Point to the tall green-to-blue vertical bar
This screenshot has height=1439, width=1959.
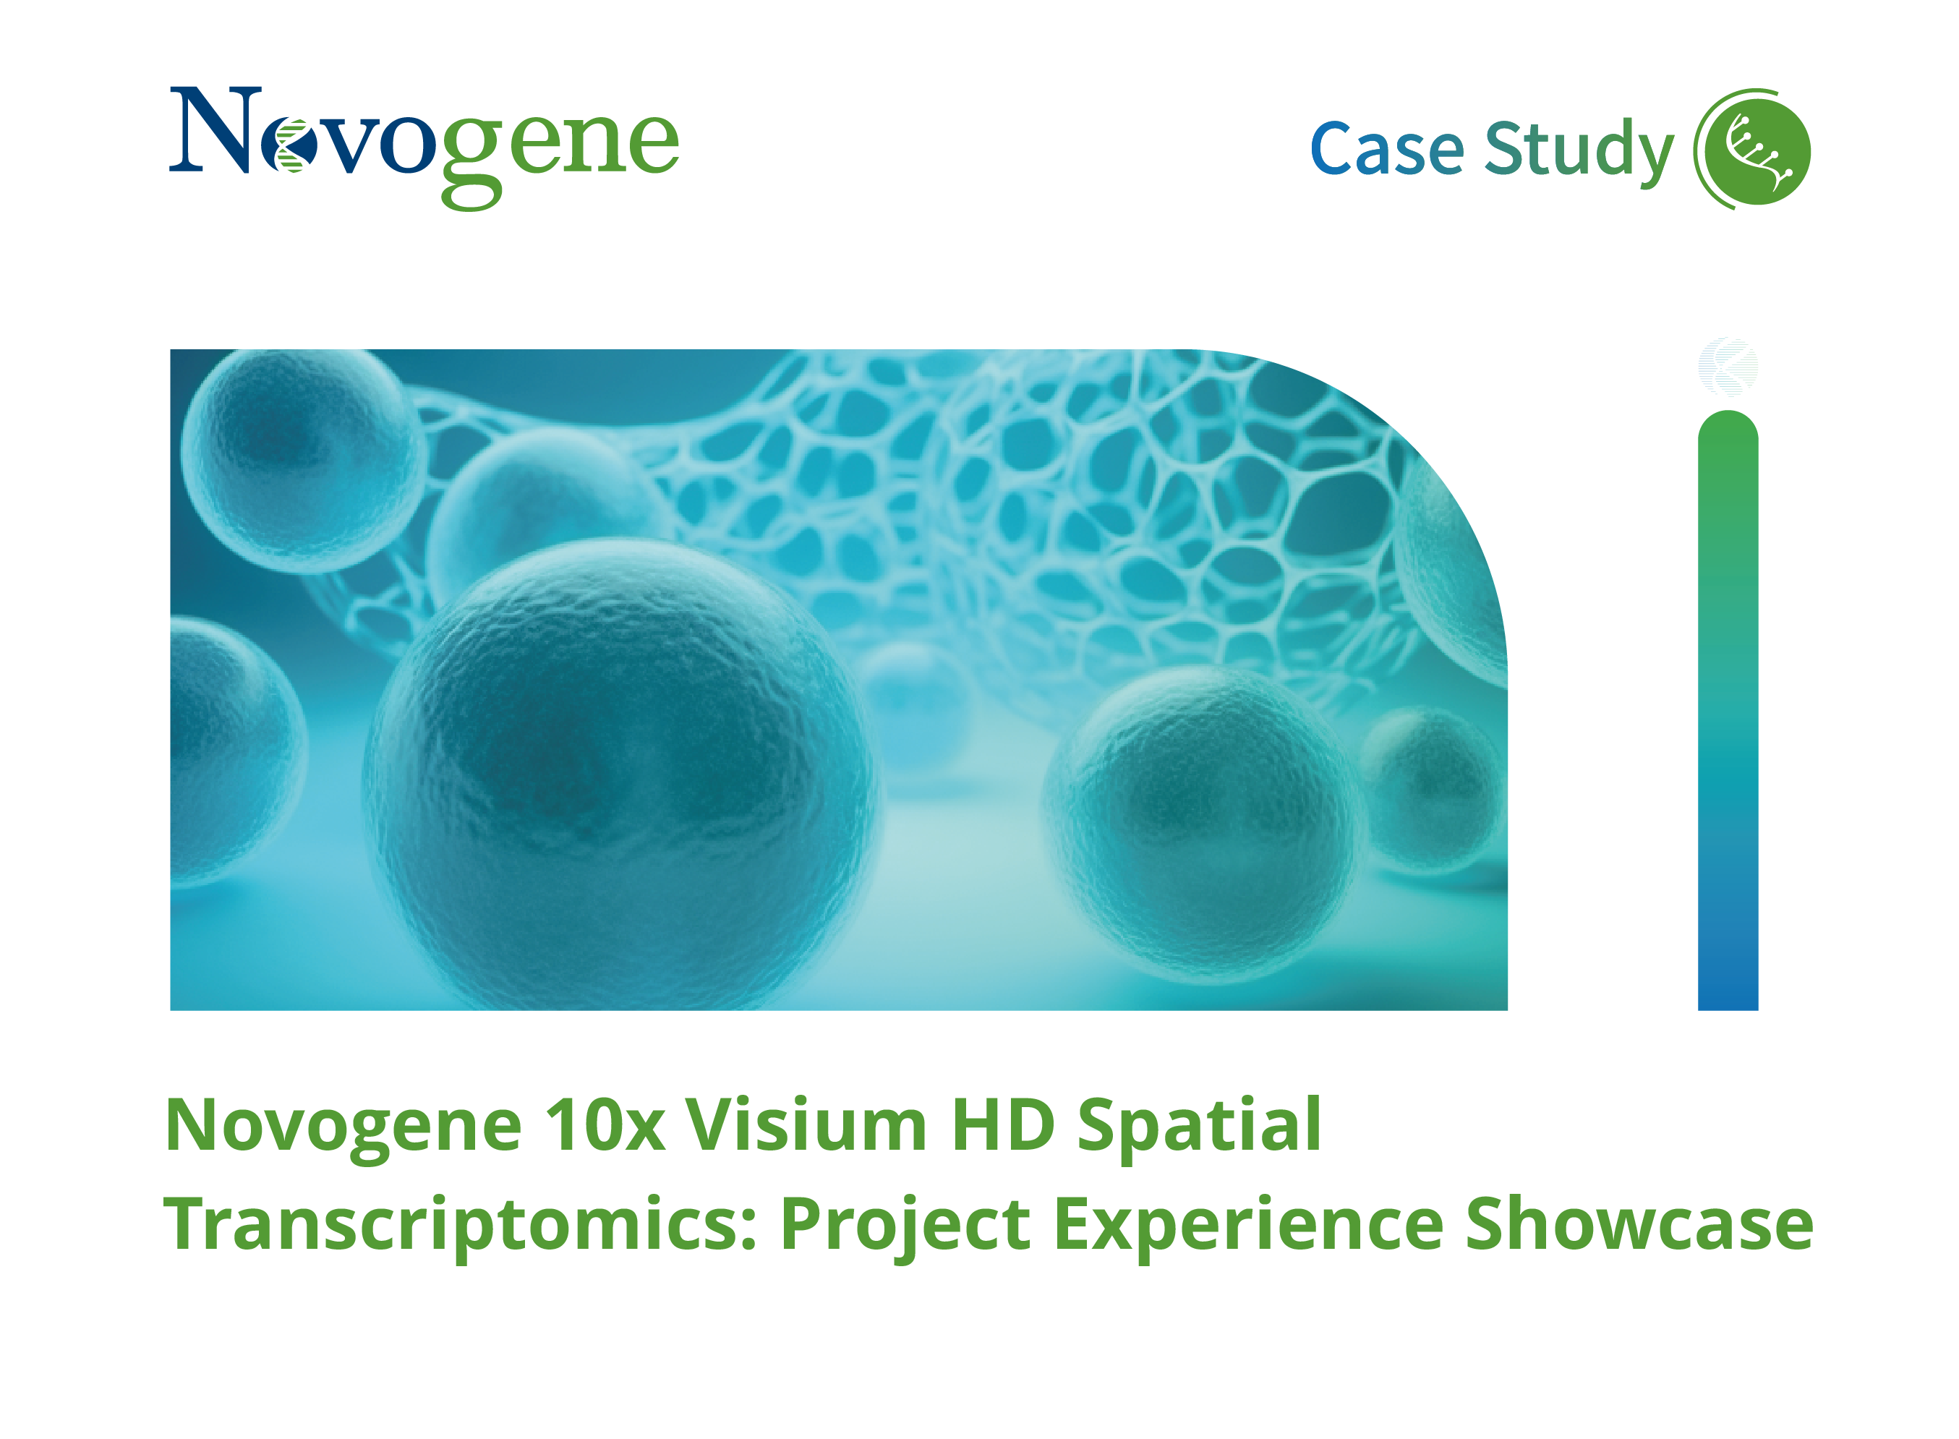[x=1728, y=710]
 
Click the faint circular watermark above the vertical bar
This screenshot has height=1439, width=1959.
[x=1728, y=366]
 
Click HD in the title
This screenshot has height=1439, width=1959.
[x=1002, y=1124]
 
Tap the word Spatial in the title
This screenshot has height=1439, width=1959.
[x=1200, y=1127]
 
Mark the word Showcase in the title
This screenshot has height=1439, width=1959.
[x=1639, y=1223]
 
